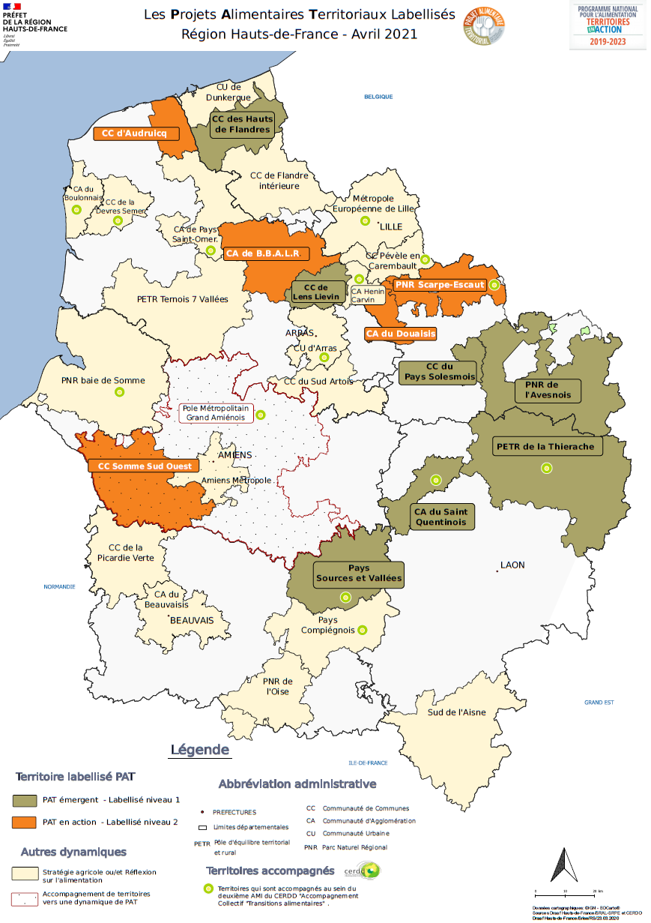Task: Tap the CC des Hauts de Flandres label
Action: coord(241,124)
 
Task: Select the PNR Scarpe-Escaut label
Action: coord(440,285)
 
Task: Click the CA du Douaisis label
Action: coord(400,334)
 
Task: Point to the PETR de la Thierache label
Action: coord(545,447)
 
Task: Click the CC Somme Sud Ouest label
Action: coord(145,466)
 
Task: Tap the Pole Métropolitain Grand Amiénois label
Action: coord(216,412)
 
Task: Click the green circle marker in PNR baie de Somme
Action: coord(118,392)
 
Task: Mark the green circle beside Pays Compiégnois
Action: coord(363,630)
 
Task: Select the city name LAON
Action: coord(512,565)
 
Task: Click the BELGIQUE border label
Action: coord(378,97)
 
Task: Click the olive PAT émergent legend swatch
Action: coord(24,800)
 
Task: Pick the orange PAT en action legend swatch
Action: coord(24,823)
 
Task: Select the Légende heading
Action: coord(200,750)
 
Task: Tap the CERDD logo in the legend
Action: coord(363,871)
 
